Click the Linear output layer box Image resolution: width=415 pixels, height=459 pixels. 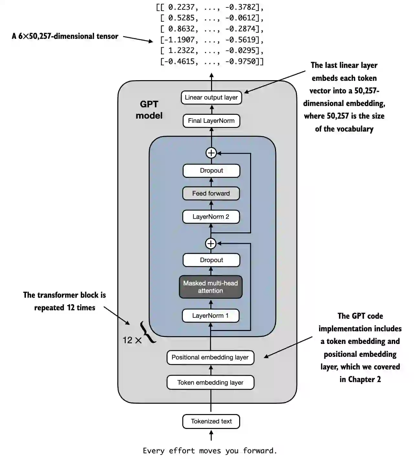pyautogui.click(x=211, y=98)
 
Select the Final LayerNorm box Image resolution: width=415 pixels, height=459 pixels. pyautogui.click(x=211, y=121)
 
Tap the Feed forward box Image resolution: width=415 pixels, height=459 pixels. pyautogui.click(x=211, y=194)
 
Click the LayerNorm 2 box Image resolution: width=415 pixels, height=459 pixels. pyautogui.click(x=211, y=217)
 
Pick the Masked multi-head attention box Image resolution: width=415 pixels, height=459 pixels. pyautogui.click(x=211, y=287)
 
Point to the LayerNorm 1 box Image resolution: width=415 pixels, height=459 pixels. pyautogui.click(x=211, y=316)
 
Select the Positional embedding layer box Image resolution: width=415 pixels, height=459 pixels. pyautogui.click(x=210, y=358)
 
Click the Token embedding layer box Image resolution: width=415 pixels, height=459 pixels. pyautogui.click(x=210, y=383)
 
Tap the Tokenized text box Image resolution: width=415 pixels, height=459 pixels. pyautogui.click(x=211, y=422)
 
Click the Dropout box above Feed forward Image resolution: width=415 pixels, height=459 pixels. pyautogui.click(x=211, y=171)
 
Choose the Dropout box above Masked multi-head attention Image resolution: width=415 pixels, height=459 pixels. pyautogui.click(x=211, y=260)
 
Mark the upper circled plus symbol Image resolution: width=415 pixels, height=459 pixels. pyautogui.click(x=211, y=153)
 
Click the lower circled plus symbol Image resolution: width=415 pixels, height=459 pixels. pyautogui.click(x=211, y=243)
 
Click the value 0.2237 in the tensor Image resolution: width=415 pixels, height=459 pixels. pyautogui.click(x=181, y=7)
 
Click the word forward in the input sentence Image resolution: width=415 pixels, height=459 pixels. pyautogui.click(x=260, y=451)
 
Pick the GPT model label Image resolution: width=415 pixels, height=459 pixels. pyautogui.click(x=149, y=110)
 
